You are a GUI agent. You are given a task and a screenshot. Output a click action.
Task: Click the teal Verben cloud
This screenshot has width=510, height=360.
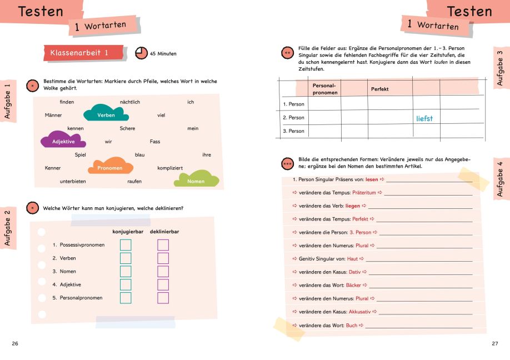106,114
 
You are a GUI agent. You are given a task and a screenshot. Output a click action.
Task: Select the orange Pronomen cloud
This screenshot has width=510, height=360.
110,167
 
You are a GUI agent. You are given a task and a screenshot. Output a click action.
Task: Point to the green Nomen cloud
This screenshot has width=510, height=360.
196,180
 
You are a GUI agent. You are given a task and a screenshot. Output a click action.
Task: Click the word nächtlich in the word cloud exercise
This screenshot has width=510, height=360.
130,102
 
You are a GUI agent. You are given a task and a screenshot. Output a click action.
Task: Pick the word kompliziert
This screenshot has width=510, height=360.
170,167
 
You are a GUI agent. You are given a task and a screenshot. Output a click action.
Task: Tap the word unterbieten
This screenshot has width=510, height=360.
73,181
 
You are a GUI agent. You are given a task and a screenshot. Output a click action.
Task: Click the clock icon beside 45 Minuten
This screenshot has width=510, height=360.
141,53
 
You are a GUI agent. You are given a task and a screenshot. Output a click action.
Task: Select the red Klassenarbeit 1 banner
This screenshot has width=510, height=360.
83,53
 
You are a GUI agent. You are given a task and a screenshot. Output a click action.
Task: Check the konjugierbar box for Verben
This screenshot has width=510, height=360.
126,258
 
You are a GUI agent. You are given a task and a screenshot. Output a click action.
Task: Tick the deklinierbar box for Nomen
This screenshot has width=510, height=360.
163,272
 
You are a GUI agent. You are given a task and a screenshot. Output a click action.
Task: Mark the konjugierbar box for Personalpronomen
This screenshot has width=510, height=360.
126,298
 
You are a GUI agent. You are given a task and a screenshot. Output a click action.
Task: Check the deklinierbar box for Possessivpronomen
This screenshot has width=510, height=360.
163,245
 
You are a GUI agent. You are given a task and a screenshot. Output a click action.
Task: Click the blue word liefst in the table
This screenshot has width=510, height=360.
424,118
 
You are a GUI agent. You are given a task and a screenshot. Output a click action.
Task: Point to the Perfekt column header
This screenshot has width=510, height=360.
380,89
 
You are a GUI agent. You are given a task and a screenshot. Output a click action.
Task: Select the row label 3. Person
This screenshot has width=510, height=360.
294,131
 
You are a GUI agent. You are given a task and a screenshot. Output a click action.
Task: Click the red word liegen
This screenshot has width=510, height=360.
353,206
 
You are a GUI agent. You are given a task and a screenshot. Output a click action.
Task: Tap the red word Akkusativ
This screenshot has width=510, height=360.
359,312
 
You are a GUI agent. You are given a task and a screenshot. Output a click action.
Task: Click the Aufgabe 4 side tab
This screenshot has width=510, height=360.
502,177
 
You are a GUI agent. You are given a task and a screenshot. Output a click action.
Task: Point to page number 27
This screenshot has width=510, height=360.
495,344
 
